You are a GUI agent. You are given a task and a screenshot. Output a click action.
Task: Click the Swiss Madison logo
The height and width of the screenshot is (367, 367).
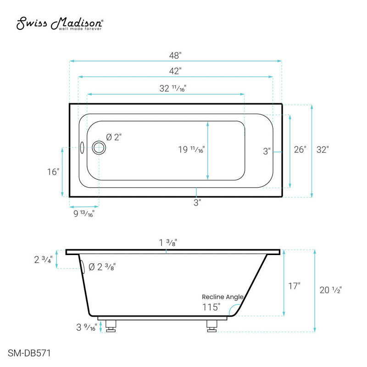coord(60,24)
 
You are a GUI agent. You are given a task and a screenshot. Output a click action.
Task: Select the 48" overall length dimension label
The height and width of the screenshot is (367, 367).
coord(175,55)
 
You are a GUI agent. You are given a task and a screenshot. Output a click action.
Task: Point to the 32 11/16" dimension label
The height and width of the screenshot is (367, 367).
coord(172,89)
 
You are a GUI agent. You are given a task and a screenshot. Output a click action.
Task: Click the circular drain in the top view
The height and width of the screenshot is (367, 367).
coord(99,148)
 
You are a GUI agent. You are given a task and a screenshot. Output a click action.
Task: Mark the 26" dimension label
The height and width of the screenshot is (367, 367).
coord(300,150)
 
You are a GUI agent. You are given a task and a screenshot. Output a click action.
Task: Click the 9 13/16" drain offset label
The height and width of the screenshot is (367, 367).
coord(83,213)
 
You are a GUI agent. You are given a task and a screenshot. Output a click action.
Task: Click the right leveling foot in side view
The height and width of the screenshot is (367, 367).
coord(211,325)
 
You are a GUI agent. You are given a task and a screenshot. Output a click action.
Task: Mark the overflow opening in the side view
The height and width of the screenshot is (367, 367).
coord(83,267)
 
